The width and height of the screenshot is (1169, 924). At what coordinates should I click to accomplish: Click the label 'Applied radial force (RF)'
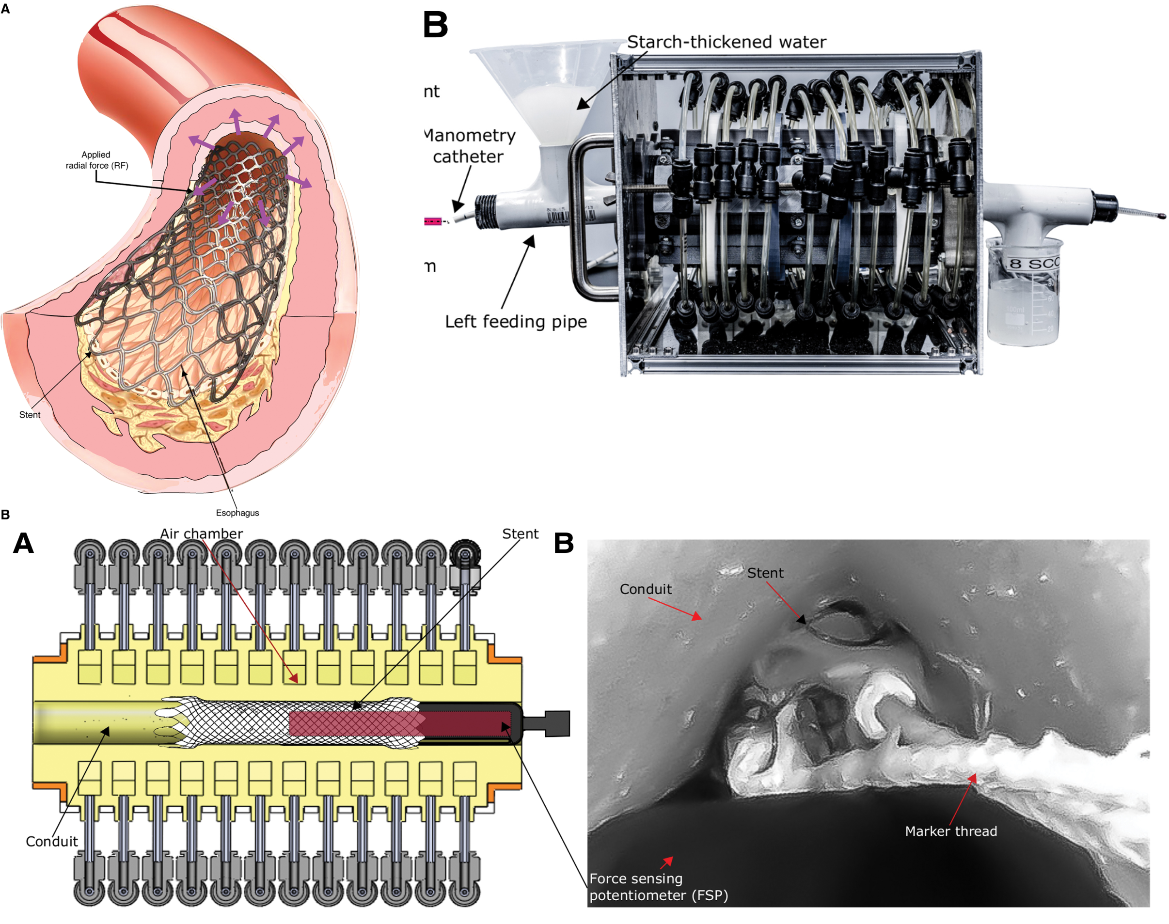coord(97,160)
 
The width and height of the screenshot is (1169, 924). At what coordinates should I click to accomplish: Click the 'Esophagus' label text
coord(237,513)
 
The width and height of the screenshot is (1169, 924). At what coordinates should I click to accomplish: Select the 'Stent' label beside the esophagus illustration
coord(30,415)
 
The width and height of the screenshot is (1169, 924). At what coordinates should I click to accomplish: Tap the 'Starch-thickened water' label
coord(727,42)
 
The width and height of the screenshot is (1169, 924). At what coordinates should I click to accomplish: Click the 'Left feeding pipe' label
coord(516,322)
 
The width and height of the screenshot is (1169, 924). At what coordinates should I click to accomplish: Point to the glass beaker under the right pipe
coord(1022,292)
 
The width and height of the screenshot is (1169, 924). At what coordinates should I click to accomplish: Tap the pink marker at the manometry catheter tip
coord(432,221)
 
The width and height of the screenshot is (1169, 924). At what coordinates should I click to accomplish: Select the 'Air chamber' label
coord(201,534)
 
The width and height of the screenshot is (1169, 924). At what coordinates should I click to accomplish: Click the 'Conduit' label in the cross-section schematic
coord(52,842)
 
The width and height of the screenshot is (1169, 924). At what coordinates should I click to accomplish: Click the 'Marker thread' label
coord(951,831)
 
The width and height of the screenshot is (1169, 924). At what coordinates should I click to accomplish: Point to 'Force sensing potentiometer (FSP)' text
coord(658,887)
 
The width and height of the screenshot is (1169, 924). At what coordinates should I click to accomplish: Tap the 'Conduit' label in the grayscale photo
coord(646,589)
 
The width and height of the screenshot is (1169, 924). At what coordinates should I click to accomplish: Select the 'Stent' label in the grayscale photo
coord(765,573)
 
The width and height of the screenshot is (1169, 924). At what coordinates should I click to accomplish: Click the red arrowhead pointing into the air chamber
coord(294,678)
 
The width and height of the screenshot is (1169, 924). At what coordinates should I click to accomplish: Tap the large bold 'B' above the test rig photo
coord(436,25)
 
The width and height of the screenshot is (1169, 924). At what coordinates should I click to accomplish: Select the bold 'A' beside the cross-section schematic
coord(23,543)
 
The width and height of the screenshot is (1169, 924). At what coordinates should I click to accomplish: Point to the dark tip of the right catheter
coord(1161,217)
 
